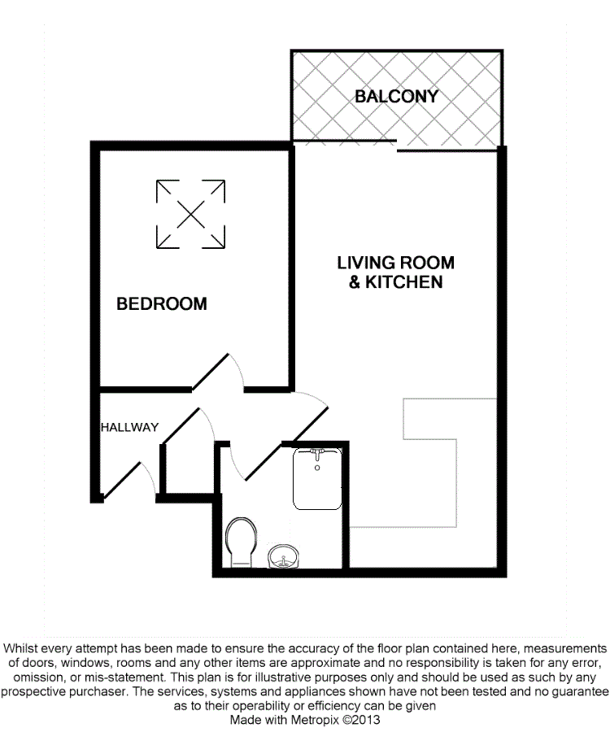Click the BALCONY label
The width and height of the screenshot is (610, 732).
396,96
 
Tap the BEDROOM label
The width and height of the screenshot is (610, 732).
162,304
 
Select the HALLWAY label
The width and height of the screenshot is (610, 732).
129,427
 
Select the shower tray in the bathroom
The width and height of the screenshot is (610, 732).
316,480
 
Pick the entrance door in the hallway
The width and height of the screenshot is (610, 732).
122,475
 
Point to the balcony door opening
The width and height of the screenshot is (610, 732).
346,144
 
